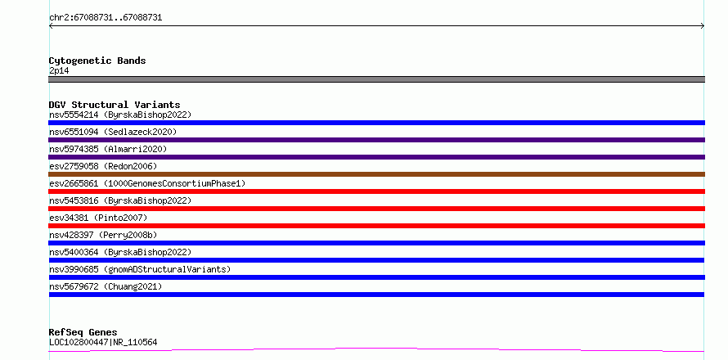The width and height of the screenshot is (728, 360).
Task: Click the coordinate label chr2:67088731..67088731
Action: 106,18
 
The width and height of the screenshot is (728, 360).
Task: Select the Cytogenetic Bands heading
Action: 97,61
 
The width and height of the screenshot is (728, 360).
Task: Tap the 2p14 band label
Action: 59,71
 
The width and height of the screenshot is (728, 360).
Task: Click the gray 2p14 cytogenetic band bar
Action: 376,79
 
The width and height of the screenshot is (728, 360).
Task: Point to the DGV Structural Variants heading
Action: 115,105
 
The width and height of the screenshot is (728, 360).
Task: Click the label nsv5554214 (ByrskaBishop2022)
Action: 120,115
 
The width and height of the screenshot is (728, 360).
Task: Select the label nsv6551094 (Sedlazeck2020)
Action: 113,132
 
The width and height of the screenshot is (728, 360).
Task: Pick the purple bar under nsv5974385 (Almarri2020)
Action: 376,157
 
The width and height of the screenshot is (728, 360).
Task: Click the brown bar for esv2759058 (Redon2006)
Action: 376,174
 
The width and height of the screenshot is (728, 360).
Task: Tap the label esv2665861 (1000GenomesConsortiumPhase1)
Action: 147,183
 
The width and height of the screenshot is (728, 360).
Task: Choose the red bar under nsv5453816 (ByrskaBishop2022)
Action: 376,209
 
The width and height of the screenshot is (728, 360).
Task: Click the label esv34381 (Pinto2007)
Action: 98,218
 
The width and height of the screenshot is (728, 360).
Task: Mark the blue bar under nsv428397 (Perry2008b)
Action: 376,243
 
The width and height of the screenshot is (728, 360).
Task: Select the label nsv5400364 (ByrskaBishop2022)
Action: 120,252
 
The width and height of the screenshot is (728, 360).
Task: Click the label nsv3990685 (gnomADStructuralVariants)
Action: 140,269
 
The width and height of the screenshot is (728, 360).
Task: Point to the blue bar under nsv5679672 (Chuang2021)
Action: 376,295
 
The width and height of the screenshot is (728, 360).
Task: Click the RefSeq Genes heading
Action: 83,332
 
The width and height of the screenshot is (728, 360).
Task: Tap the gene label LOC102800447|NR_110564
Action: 103,342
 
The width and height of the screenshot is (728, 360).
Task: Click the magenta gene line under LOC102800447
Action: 376,349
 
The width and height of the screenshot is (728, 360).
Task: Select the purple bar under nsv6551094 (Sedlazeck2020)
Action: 376,140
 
